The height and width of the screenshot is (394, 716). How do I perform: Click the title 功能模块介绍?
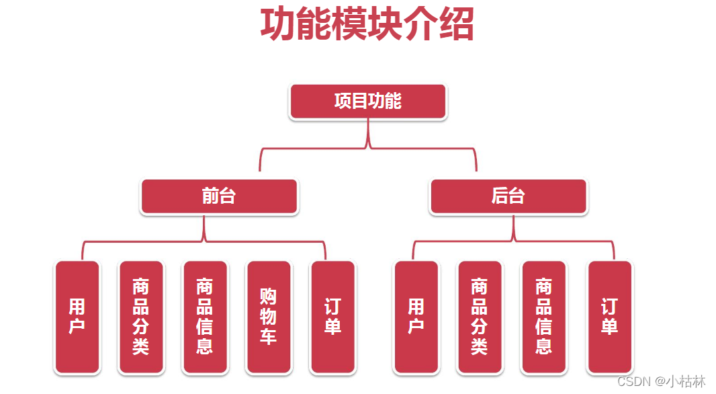pos(367,25)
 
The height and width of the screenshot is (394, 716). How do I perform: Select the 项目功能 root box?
pos(367,102)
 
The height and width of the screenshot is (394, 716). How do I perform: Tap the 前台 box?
pos(219,196)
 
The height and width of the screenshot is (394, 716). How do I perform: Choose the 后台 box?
pos(508,196)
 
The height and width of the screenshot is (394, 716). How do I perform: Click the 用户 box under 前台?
pos(77,317)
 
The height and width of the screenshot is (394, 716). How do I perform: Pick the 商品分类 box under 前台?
pos(141,317)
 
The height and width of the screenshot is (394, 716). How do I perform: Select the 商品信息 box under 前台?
pos(205,317)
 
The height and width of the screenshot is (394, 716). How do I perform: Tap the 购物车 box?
pos(269,317)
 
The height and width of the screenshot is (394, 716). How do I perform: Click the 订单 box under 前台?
pos(332,317)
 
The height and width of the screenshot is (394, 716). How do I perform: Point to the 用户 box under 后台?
pos(416,317)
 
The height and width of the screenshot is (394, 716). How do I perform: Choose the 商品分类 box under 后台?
pos(480,317)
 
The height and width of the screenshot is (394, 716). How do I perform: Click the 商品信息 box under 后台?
pos(544,317)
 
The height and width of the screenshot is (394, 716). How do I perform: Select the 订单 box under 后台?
pos(609,317)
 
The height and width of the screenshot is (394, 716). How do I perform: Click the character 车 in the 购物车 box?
pos(269,336)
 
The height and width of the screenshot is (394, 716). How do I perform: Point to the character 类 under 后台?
pos(480,346)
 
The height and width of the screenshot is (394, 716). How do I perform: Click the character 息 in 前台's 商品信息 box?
pos(205,346)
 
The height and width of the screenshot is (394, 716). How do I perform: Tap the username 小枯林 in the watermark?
pos(686,381)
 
